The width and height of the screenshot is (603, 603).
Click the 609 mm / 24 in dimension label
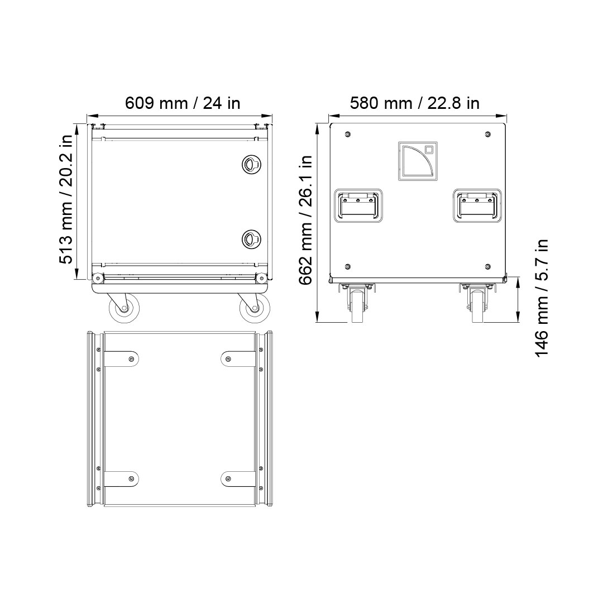click(183, 103)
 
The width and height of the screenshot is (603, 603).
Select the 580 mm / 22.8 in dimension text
click(414, 103)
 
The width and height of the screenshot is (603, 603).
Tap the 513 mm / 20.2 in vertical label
click(66, 199)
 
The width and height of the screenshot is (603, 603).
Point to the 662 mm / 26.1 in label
click(306, 220)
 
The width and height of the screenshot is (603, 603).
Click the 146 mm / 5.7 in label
click(542, 298)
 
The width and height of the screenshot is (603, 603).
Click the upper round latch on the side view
click(251, 164)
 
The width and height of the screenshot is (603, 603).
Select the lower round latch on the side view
click(251, 238)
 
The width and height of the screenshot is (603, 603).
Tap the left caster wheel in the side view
click(124, 308)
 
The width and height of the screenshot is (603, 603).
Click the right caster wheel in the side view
click(255, 308)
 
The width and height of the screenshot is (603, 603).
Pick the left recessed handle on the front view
click(358, 205)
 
